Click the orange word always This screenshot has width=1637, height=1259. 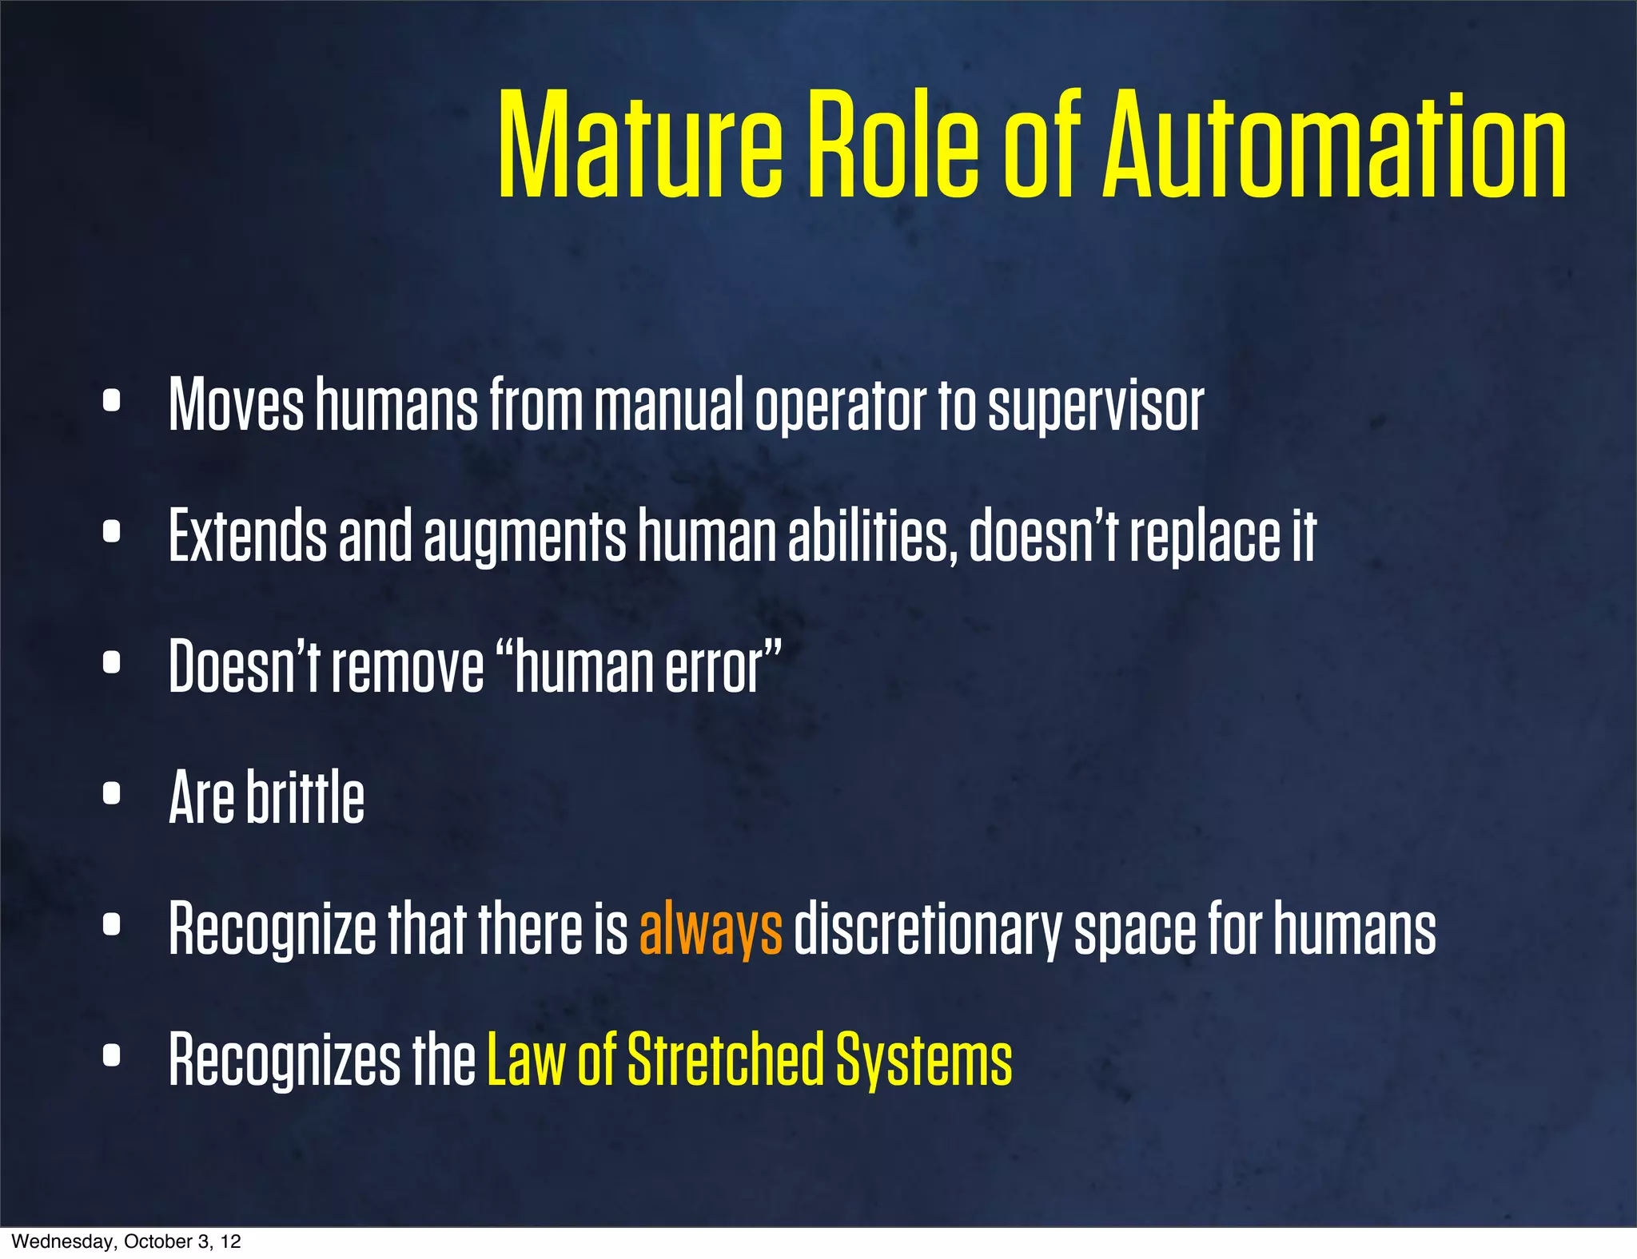pyautogui.click(x=711, y=928)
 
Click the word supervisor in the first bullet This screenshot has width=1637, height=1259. pyautogui.click(x=1096, y=406)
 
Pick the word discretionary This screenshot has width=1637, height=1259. pyautogui.click(x=928, y=928)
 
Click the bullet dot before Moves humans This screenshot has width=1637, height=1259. pyautogui.click(x=112, y=401)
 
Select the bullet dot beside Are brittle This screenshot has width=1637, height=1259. pyautogui.click(x=112, y=793)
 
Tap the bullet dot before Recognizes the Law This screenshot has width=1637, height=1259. pyautogui.click(x=112, y=1055)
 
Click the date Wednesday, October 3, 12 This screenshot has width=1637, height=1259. pyautogui.click(x=126, y=1241)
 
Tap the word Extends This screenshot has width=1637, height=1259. pyautogui.click(x=248, y=536)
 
